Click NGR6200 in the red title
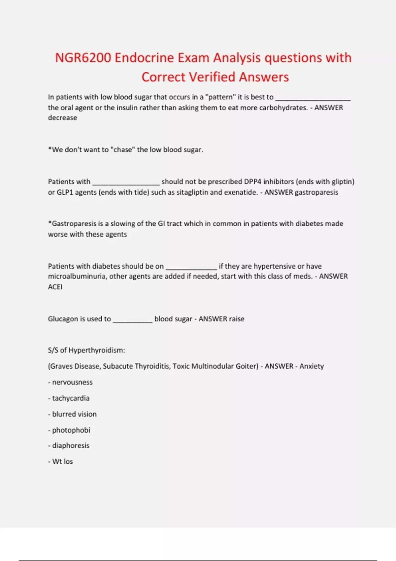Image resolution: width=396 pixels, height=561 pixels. point(83,58)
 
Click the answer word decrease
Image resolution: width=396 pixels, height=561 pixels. point(62,118)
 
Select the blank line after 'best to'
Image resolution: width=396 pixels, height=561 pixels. point(313,98)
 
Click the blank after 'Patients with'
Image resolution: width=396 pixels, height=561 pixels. point(126,182)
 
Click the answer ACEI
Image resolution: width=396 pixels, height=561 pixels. point(55,287)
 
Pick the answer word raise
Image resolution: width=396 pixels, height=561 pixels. point(237,319)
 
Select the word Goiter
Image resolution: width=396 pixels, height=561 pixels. point(247,366)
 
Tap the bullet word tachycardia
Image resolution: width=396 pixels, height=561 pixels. point(71,398)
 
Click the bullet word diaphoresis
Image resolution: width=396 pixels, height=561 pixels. point(71,445)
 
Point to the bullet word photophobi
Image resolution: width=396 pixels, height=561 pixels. point(71,430)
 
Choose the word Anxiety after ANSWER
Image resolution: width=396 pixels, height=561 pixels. point(312,366)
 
